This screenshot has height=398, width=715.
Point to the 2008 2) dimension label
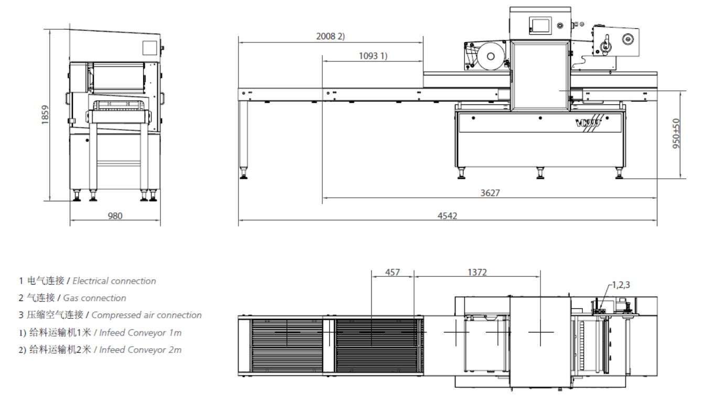click(x=330, y=36)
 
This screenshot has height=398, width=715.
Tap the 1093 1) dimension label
click(x=373, y=56)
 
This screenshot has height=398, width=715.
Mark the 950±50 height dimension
click(x=677, y=134)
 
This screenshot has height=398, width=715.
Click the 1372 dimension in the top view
click(x=478, y=273)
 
